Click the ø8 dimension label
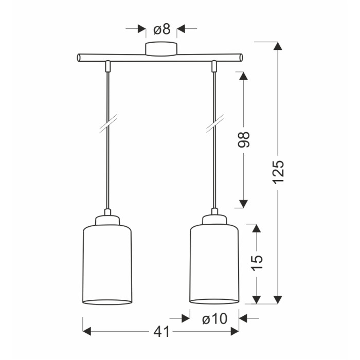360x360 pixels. (162, 29)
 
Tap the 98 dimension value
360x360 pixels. (244, 139)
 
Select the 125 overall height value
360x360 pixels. (279, 172)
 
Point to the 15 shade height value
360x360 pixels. (257, 263)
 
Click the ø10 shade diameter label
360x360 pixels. (215, 319)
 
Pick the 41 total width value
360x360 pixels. (161, 332)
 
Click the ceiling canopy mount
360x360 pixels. (161, 49)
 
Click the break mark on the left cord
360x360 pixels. (109, 123)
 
